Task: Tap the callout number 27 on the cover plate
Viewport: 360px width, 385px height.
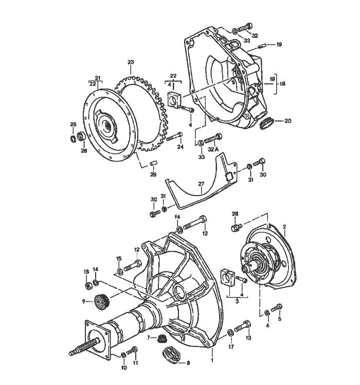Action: click(x=202, y=183)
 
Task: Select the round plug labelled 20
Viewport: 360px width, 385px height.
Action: click(x=267, y=124)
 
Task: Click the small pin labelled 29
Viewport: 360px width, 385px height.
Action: click(x=152, y=164)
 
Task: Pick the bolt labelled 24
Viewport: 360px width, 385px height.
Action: click(x=174, y=137)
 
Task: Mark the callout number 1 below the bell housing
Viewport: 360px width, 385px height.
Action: click(x=212, y=355)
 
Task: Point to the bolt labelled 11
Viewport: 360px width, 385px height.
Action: click(x=133, y=351)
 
